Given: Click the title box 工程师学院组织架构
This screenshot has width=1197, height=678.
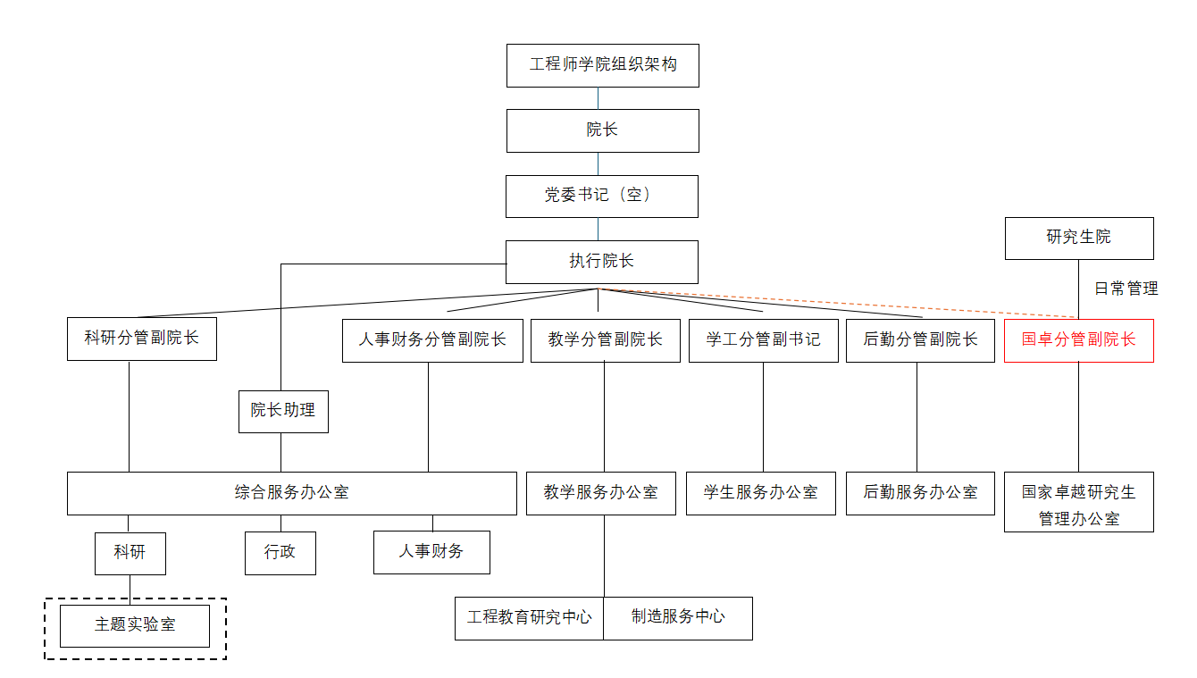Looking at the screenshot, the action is click(x=603, y=66).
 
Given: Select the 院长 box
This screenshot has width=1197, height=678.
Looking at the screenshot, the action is click(x=603, y=131).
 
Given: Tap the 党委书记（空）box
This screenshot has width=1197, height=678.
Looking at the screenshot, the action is click(x=602, y=197).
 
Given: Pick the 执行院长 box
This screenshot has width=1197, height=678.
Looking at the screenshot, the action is click(x=602, y=262).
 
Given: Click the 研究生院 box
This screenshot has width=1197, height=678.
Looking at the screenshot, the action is click(x=1079, y=239).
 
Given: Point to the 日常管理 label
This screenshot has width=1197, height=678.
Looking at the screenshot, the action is click(x=1126, y=289).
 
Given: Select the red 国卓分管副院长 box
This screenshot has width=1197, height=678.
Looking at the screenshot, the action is click(x=1079, y=341).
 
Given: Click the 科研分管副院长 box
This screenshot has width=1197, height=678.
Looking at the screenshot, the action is click(x=142, y=339).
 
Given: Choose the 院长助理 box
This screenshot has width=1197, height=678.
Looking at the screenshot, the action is click(x=283, y=412).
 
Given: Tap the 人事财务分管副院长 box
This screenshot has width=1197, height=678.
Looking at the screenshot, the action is click(x=432, y=341).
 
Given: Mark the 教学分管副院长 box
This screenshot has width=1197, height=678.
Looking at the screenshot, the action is click(x=606, y=341).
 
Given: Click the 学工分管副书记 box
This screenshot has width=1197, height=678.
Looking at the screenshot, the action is click(x=763, y=341).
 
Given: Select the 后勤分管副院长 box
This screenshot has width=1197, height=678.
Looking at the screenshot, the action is click(x=920, y=341).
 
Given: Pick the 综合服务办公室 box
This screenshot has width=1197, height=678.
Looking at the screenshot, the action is click(x=292, y=493).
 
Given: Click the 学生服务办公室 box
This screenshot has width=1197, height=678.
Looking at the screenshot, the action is click(x=760, y=493).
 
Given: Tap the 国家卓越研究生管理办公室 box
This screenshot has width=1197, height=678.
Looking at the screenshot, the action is click(x=1079, y=502).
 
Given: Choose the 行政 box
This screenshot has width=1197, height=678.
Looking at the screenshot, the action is click(x=280, y=553).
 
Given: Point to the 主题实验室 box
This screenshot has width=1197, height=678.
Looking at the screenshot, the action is click(x=135, y=625).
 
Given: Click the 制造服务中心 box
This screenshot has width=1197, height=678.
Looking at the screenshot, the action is click(x=678, y=618).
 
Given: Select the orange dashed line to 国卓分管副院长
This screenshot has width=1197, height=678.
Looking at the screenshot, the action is click(x=838, y=303).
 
